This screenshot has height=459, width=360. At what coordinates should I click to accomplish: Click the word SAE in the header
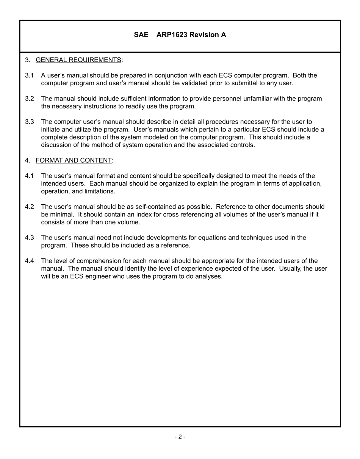pos(141,35)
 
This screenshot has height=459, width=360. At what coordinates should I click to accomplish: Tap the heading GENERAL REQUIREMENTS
pos(78,60)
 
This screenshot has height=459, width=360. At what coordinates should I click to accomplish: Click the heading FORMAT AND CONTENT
pos(74,160)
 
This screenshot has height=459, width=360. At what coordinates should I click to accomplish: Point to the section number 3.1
pos(30,75)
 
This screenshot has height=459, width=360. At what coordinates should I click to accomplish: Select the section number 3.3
pos(30,122)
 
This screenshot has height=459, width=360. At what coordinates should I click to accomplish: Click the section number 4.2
pos(30,207)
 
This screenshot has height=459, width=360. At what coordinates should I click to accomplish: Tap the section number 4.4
pos(30,261)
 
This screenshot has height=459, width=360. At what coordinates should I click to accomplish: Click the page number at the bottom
pos(180,437)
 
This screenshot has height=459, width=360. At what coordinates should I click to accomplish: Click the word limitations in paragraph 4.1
pos(99,191)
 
